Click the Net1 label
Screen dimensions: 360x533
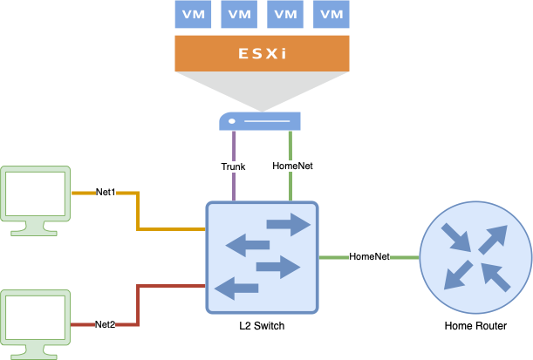click(106, 191)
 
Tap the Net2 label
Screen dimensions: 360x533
click(106, 324)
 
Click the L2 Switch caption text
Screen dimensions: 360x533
click(261, 326)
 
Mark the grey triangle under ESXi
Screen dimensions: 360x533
click(261, 91)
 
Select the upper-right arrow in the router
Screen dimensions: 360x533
click(493, 239)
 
